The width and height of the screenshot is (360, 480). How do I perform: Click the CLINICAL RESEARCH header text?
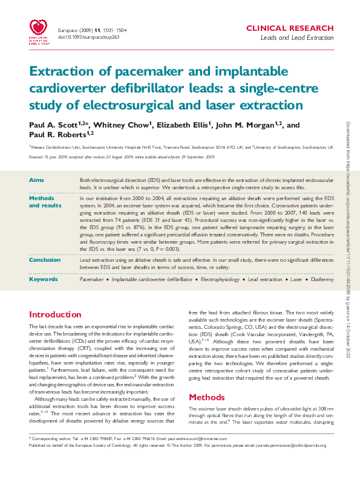click(x=289, y=28)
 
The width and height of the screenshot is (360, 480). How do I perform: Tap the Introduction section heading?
click(x=55, y=315)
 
